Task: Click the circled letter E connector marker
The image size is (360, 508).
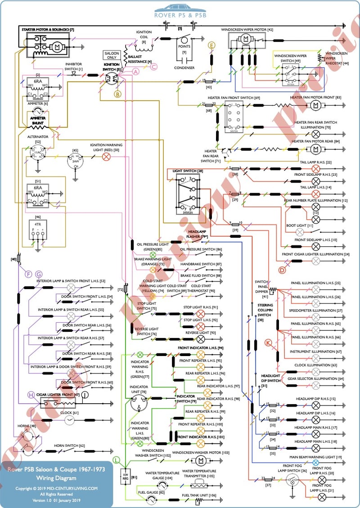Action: [x=212, y=45]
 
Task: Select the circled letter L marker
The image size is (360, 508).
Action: [x=117, y=459]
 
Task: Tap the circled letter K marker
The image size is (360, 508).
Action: [x=269, y=343]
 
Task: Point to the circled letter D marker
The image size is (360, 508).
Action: [x=282, y=270]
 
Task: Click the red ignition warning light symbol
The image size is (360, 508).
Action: [x=107, y=157]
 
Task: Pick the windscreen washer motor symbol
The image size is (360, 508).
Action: [x=199, y=460]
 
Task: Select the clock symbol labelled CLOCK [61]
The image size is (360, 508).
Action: [x=69, y=420]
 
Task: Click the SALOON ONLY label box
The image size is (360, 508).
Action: [x=111, y=55]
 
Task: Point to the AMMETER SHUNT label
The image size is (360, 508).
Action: [x=37, y=120]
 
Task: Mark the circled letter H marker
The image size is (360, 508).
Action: [x=31, y=394]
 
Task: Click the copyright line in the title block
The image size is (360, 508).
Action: [x=57, y=488]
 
